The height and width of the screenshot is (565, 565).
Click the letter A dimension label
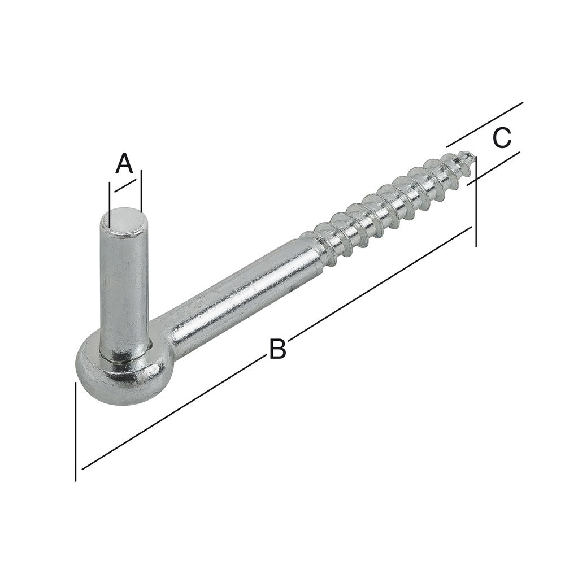click(x=124, y=164)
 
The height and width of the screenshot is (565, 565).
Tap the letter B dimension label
click(x=277, y=349)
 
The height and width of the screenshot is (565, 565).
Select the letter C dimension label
click(x=502, y=138)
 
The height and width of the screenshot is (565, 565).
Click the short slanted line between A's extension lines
click(x=124, y=186)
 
